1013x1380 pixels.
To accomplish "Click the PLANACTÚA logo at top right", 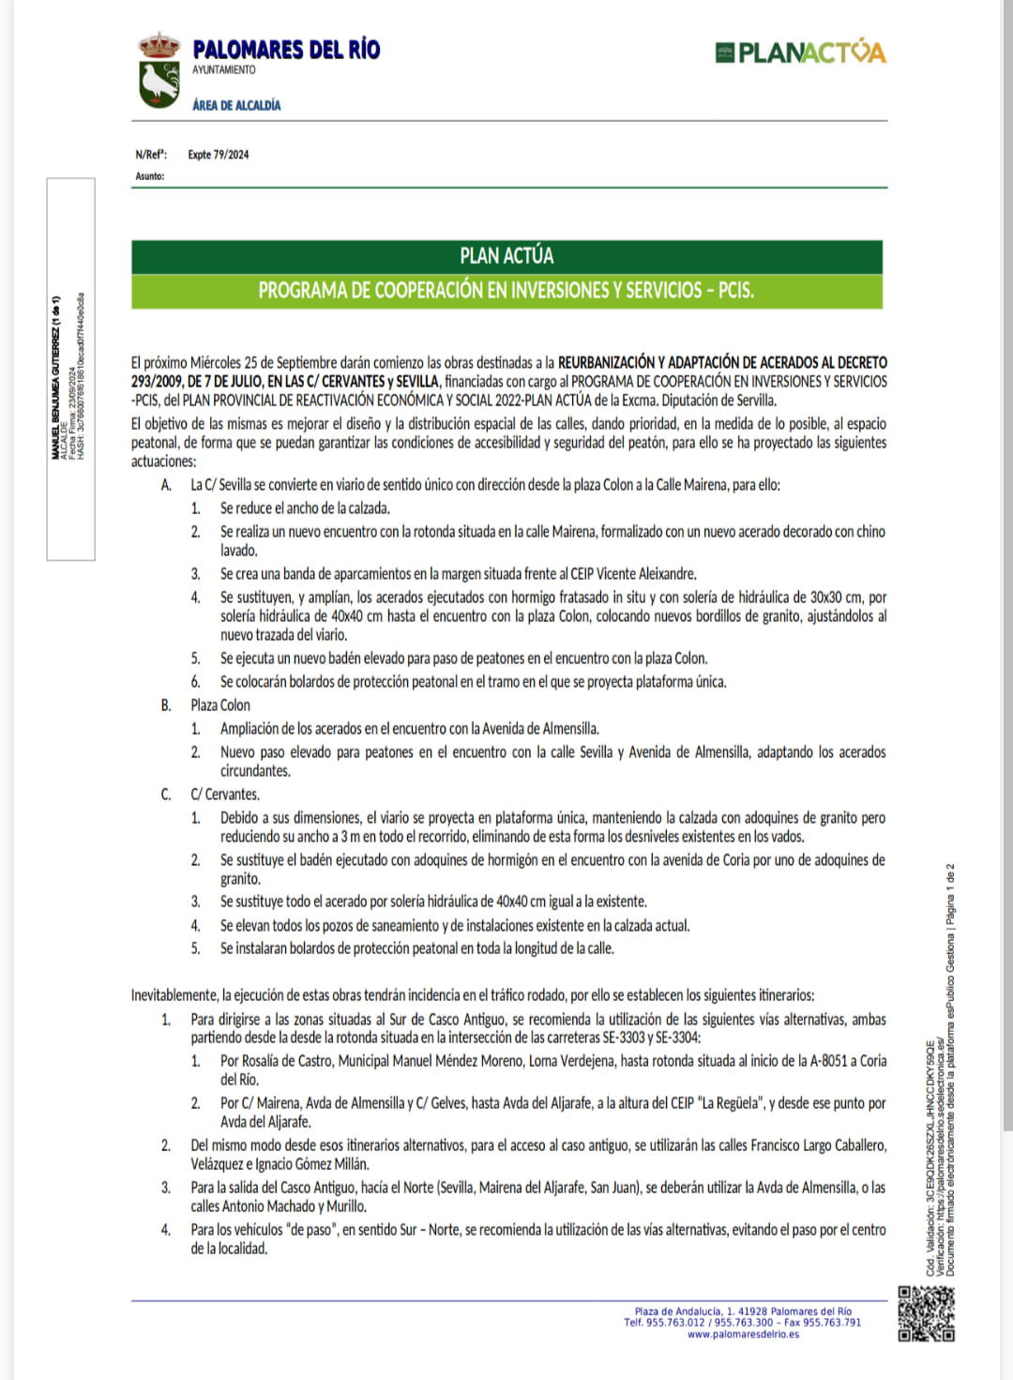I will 800,53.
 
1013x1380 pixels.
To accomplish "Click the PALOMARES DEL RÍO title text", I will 286,50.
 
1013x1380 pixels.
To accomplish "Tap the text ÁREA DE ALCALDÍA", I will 236,105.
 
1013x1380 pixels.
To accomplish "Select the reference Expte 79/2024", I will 219,155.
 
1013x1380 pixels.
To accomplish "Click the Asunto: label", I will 149,176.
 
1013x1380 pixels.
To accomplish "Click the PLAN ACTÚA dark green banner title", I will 506,256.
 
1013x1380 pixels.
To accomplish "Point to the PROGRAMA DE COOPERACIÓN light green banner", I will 506,291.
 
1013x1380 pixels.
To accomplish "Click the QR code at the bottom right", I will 926,1313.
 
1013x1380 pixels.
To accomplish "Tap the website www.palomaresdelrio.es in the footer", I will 743,1334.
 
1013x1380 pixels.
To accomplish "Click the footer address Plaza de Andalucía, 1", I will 679,1312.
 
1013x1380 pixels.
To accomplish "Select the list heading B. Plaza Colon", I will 220,705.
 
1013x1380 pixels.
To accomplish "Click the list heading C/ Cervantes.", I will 225,795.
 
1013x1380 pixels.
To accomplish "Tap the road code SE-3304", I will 677,1038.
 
